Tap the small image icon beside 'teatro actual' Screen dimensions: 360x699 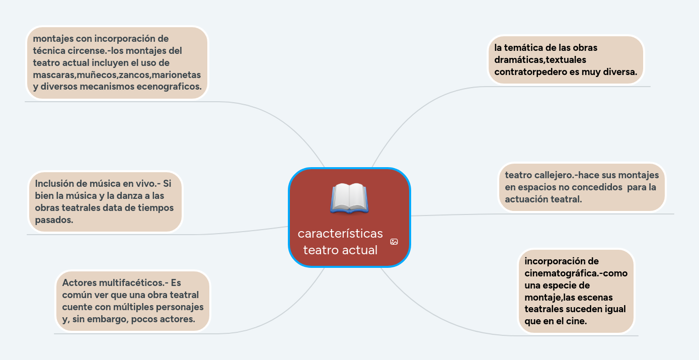pyautogui.click(x=394, y=242)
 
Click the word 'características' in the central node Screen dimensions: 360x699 pyautogui.click(x=340, y=234)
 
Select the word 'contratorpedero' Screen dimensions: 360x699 pyautogui.click(x=530, y=72)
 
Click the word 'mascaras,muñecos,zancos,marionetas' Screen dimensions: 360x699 pyautogui.click(x=117, y=75)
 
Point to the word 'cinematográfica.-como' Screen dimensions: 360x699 pyautogui.click(x=576, y=273)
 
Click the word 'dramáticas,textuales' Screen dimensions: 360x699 pyautogui.click(x=540, y=60)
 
